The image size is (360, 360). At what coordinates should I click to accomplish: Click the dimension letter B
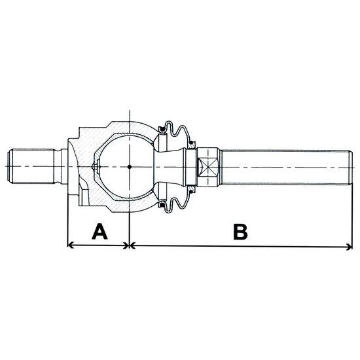pyautogui.click(x=240, y=232)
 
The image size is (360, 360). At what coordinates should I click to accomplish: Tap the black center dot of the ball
pyautogui.click(x=130, y=167)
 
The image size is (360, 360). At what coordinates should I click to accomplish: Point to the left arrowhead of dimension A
pyautogui.click(x=71, y=245)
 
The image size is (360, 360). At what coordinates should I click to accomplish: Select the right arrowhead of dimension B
pyautogui.click(x=350, y=247)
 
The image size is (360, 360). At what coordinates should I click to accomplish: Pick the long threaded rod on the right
pyautogui.click(x=287, y=167)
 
